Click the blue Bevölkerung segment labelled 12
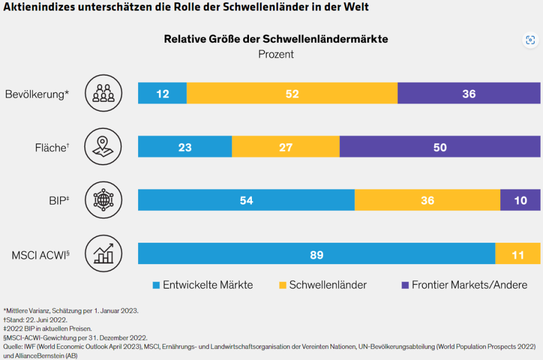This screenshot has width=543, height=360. [x=162, y=94]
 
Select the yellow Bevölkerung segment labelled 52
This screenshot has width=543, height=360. [x=292, y=94]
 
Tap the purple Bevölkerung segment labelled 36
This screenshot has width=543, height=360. [x=468, y=94]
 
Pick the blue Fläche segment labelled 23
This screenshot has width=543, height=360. [x=185, y=147]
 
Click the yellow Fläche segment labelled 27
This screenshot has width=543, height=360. [x=285, y=147]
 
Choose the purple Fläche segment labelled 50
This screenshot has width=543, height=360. [x=440, y=147]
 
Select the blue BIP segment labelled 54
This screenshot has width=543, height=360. [x=246, y=201]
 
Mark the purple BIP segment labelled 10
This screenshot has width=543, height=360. [x=520, y=201]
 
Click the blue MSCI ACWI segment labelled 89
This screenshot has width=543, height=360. [x=316, y=254]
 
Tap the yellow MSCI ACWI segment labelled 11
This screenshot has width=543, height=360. [x=518, y=254]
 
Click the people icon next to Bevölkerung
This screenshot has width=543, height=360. [x=103, y=93]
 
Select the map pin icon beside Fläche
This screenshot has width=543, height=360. [x=103, y=147]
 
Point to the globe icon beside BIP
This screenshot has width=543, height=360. [x=103, y=200]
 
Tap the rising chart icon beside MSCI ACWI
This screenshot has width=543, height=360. [x=103, y=254]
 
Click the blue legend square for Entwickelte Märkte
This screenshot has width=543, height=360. [x=156, y=285]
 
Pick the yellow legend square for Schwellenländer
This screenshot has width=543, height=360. [x=282, y=285]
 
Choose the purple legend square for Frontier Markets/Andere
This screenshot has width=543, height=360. [x=405, y=285]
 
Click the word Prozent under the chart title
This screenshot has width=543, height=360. [x=276, y=54]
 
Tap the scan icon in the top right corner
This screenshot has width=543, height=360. [x=530, y=40]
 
